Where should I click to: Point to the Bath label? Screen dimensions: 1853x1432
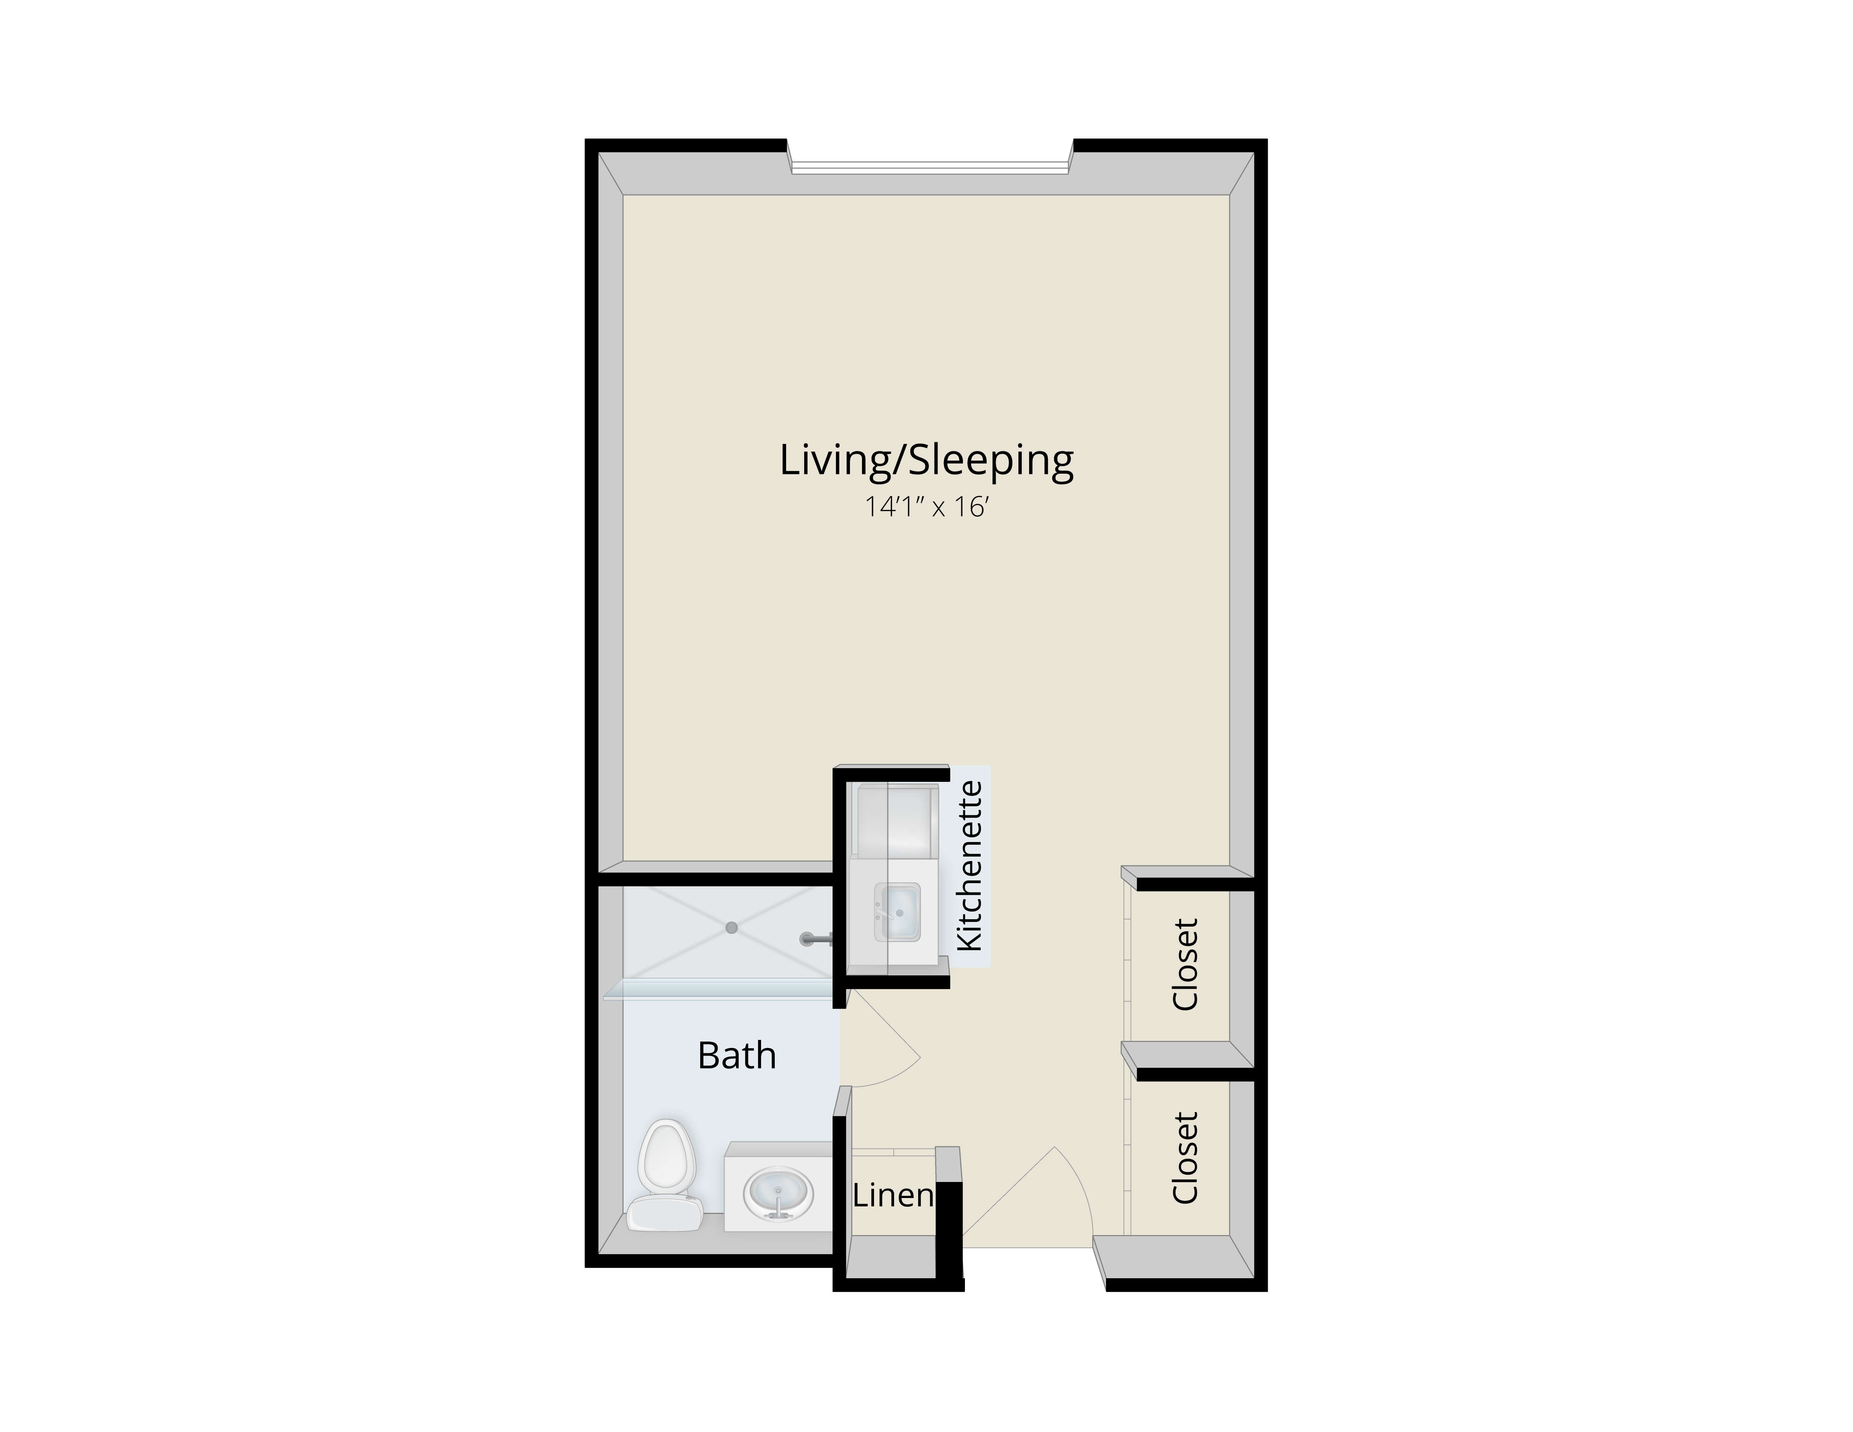[x=736, y=1055]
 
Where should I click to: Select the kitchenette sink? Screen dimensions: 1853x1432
[x=898, y=912]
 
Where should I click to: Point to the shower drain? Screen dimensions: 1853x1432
[x=731, y=928]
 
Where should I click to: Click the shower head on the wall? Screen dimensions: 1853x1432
[x=816, y=938]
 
